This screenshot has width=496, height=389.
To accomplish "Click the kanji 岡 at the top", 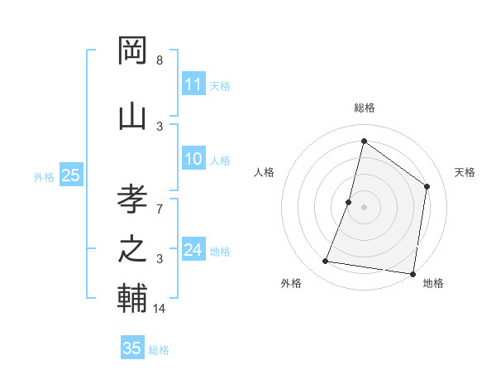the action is point(132,50).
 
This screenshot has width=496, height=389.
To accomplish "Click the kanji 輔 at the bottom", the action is point(132,299).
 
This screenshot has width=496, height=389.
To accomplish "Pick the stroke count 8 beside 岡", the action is point(160,60).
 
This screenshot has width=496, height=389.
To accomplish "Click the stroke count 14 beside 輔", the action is point(160,309).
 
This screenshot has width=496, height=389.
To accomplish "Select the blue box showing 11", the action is point(193,84).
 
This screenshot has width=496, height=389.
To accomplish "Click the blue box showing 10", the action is point(193,159).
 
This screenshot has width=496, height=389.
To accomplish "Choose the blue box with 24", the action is point(193,250).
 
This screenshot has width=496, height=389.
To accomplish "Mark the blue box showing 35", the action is point(132,348).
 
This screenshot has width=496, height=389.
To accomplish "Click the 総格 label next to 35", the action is point(159,350).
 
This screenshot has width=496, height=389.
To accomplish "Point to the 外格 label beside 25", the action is point(44,176).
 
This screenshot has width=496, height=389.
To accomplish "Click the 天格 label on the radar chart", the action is point(465,172).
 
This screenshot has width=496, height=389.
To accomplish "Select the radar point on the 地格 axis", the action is point(413,274).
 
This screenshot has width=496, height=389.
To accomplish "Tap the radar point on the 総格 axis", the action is point(364,141).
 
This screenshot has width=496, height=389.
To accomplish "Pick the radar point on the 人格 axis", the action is point(349,202).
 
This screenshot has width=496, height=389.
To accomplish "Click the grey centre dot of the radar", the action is point(364,207).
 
